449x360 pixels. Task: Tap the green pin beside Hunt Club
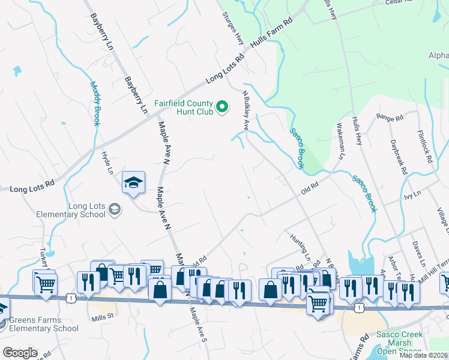pos(222,107)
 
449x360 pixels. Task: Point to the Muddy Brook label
pos(95,103)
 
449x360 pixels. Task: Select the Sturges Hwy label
pos(233,28)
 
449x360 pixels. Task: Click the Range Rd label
pos(388,117)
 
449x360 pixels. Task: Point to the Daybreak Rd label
pos(398,157)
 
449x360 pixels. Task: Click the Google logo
pos(19,353)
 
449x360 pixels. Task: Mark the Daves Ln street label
pos(418,254)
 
